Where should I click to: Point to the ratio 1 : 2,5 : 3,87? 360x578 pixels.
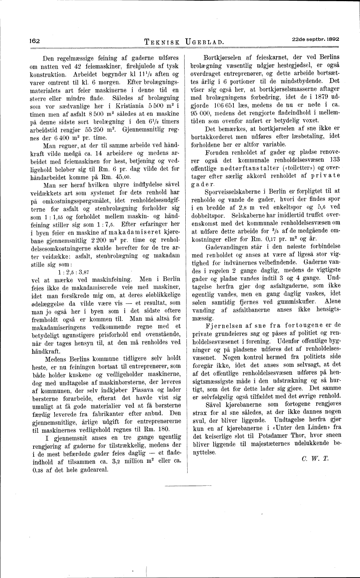point(74,272)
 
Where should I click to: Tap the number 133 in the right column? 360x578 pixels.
point(334,160)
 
